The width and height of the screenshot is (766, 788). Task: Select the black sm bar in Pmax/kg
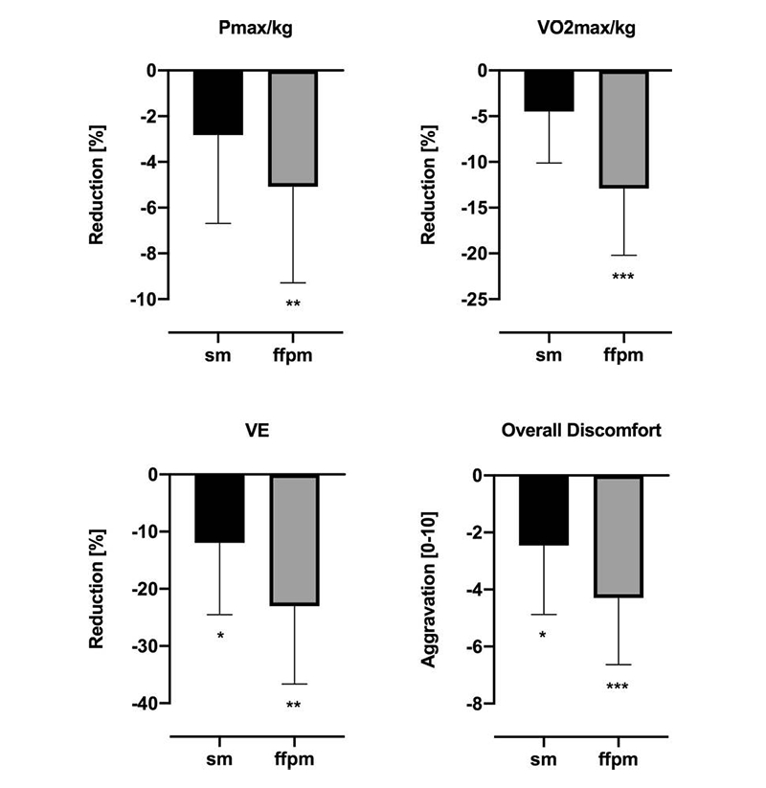(x=218, y=102)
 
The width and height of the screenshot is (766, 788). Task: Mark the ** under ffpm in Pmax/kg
(x=293, y=304)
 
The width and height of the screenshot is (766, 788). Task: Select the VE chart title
(x=256, y=431)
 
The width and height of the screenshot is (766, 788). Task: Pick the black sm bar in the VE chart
(x=219, y=508)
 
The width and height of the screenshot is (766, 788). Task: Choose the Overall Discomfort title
(x=581, y=431)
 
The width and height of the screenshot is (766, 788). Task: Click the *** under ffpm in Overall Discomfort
(x=619, y=687)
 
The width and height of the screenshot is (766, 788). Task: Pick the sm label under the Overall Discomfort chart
(x=545, y=761)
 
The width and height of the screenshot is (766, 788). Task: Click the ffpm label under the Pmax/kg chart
(x=293, y=357)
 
